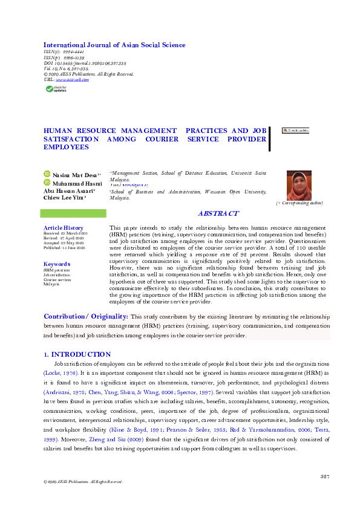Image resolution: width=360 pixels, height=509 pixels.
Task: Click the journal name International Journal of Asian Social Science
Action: [114, 45]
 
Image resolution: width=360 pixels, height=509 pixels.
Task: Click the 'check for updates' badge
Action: [54, 89]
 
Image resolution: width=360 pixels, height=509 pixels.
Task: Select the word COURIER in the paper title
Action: [161, 138]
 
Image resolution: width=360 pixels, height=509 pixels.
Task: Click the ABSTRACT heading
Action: [218, 214]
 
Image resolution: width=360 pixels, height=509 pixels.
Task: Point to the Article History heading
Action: [64, 227]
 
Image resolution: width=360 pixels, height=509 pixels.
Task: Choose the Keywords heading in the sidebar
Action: [57, 264]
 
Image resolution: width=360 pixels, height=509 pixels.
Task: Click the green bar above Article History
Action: [73, 213]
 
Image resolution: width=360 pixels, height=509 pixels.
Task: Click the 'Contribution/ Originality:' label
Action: [85, 317]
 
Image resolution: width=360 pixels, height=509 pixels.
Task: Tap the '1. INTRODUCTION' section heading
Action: [77, 354]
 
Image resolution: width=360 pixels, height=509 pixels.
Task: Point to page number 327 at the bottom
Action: [324, 478]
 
